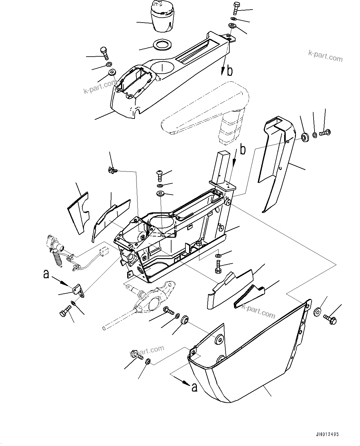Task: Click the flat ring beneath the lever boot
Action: (x=162, y=44)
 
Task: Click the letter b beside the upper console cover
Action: (x=229, y=71)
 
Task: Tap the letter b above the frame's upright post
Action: (x=243, y=150)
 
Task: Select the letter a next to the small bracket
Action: (x=46, y=274)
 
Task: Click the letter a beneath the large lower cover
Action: (x=194, y=387)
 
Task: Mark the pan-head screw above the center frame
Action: (x=160, y=175)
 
